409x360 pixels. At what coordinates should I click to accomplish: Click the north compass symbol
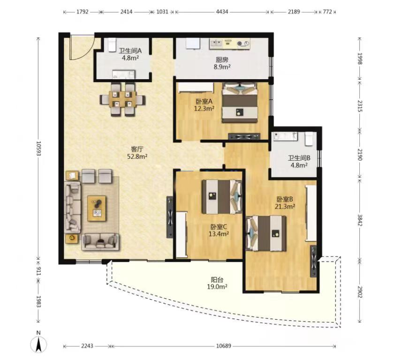click(x=38, y=344)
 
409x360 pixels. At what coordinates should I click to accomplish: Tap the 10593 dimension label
click(x=38, y=149)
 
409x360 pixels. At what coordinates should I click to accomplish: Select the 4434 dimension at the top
click(x=222, y=12)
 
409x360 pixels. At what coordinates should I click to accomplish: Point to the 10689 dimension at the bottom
click(x=224, y=346)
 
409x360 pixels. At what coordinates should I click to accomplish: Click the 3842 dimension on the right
click(x=360, y=220)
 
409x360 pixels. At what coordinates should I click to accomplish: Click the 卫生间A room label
click(x=130, y=51)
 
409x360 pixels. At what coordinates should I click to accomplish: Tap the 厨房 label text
click(x=222, y=60)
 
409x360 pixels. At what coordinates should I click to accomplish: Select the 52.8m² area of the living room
click(x=137, y=157)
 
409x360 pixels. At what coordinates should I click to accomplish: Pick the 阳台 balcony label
click(x=217, y=280)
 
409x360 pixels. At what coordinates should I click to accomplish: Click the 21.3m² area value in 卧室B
click(x=285, y=206)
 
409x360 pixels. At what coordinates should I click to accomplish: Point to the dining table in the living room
click(x=122, y=99)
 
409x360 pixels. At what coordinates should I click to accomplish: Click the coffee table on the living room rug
click(x=97, y=209)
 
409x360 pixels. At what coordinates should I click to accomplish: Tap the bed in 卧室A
click(x=240, y=103)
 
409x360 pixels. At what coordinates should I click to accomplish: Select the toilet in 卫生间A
click(x=112, y=45)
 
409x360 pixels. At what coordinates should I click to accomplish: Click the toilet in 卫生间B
click(x=309, y=139)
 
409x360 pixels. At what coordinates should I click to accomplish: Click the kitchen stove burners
click(x=243, y=44)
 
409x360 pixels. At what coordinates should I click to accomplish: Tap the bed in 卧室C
click(x=222, y=196)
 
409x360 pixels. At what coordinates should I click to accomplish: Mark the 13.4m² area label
click(x=219, y=234)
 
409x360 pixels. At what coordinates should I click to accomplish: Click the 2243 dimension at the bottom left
click(x=87, y=346)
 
